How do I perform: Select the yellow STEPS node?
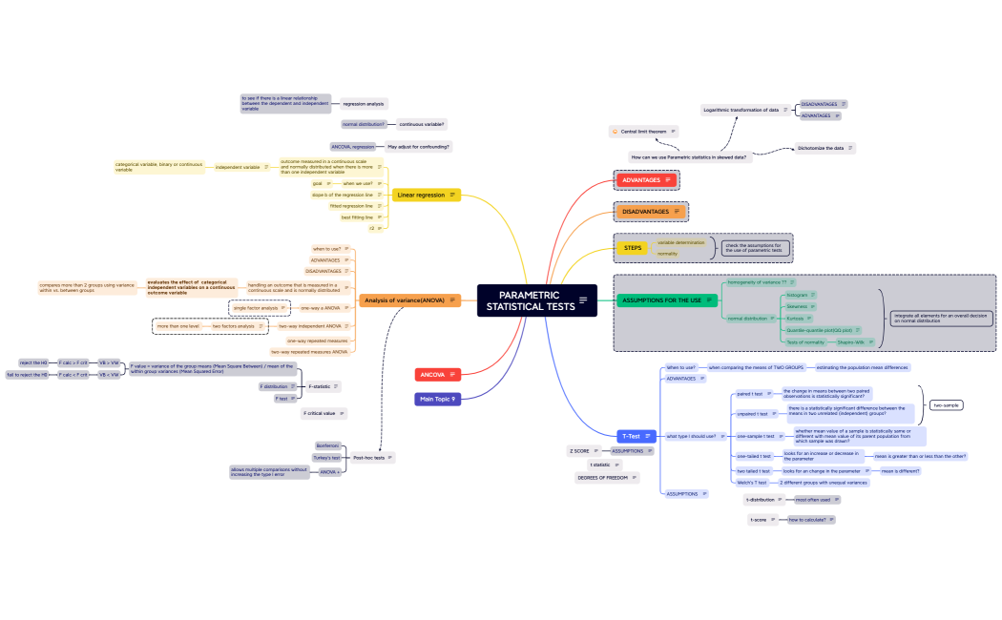633,248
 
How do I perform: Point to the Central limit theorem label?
644,131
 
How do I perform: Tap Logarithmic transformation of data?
741,110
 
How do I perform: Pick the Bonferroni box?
327,445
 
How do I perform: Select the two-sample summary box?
947,404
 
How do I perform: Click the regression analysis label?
363,103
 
